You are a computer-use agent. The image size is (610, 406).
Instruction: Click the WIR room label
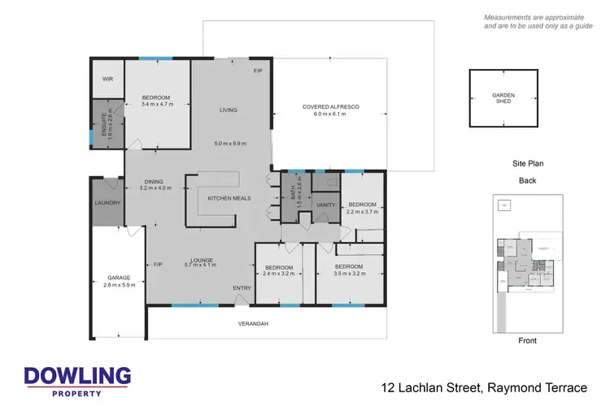coord(107,79)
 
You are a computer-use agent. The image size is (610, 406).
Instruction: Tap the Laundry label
coord(107,203)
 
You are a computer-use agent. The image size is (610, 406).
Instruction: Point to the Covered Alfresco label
coord(330,110)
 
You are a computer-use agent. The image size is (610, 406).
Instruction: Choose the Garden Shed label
coord(503,98)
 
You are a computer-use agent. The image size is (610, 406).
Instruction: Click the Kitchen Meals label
coord(229,198)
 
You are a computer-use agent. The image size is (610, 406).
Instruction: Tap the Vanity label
coord(326,205)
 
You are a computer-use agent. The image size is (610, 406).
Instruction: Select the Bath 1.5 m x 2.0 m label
coord(295,198)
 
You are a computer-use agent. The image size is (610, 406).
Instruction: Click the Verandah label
coord(253,324)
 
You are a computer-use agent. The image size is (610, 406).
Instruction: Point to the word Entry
coord(242,287)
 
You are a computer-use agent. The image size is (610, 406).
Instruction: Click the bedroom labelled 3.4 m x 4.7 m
coord(157,101)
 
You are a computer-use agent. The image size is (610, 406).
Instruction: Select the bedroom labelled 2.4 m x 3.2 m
coord(278,270)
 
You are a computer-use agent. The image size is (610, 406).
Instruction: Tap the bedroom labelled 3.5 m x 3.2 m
coord(348,270)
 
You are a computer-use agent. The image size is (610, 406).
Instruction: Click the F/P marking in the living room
coord(258,71)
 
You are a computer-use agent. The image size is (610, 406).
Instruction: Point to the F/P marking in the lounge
coord(158,265)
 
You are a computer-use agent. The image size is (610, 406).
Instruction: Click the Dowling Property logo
coord(77,380)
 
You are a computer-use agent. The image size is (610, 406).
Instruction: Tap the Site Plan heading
coord(527,163)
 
